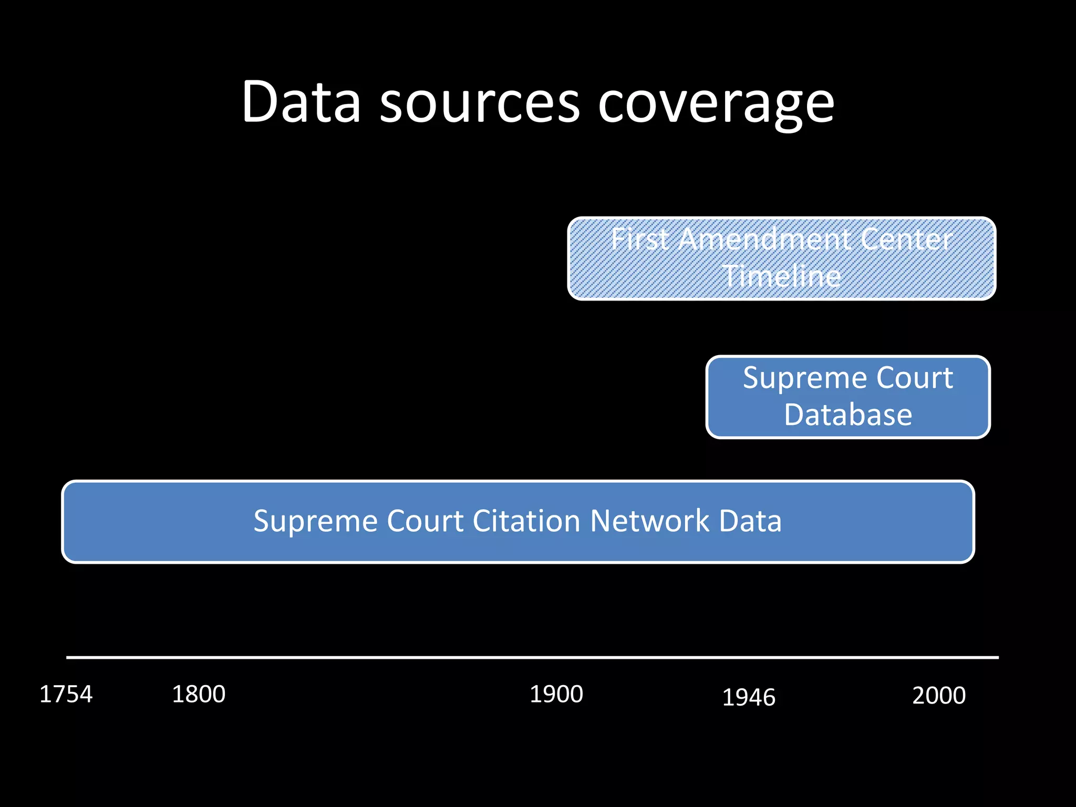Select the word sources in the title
(x=480, y=103)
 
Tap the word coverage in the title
(x=716, y=105)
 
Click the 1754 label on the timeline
(x=66, y=694)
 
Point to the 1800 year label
(x=199, y=694)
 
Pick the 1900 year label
(x=556, y=694)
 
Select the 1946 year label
(x=749, y=698)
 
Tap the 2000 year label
(x=939, y=696)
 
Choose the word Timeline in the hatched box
(x=782, y=276)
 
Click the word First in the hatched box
(x=640, y=240)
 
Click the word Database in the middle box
(x=848, y=415)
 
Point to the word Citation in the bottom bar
(x=526, y=521)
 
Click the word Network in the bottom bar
(x=650, y=521)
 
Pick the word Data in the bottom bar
(x=750, y=521)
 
